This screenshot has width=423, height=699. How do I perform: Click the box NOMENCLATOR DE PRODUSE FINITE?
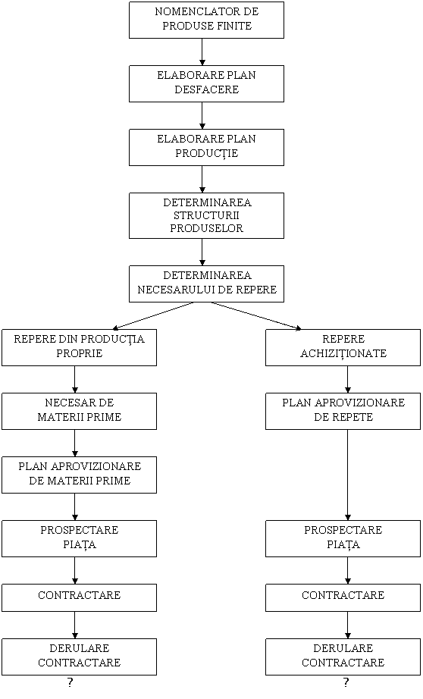point(206,20)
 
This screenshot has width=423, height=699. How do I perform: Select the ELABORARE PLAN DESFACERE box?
point(206,84)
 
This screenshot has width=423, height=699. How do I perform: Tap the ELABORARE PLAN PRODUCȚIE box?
point(206,148)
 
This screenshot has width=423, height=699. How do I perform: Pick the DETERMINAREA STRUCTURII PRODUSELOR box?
point(206,216)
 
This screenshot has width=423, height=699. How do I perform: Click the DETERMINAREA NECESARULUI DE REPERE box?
point(206,284)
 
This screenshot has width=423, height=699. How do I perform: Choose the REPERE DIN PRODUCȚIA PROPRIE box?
point(80,348)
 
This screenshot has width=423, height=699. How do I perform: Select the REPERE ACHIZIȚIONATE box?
point(343,348)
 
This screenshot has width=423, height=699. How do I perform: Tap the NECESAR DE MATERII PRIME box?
point(80,412)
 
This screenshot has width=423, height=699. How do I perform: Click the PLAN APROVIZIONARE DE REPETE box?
point(343,412)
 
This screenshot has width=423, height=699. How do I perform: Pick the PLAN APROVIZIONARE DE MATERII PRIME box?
point(80,475)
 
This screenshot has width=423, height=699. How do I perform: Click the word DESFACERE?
point(207,89)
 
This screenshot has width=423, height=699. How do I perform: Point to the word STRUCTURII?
point(206,216)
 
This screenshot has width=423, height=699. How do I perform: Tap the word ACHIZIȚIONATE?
point(343,354)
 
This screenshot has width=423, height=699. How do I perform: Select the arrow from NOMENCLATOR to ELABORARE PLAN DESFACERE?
point(202,52)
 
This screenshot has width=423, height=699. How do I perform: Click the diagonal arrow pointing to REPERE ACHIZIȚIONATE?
point(256,316)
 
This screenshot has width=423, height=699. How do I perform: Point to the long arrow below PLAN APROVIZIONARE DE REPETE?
point(348,475)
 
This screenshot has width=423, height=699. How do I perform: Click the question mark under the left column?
point(70,682)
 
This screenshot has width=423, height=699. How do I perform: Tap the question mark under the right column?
point(346,682)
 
